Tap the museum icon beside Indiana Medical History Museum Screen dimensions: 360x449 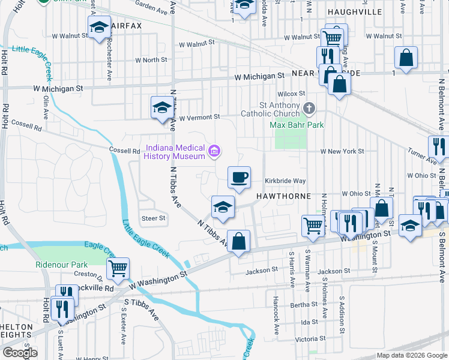213,151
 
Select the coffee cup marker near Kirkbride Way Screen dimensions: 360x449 239,178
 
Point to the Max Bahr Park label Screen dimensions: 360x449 297,125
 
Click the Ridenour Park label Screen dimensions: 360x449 61,264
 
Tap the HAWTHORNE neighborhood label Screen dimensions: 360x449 284,196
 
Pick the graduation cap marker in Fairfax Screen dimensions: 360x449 99,27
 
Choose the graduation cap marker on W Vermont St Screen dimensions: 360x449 161,108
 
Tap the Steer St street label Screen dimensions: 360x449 153,218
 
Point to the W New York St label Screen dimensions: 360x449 342,151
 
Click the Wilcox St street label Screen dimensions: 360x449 291,94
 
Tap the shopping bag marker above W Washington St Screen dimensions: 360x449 238,241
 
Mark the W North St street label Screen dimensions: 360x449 151,60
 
